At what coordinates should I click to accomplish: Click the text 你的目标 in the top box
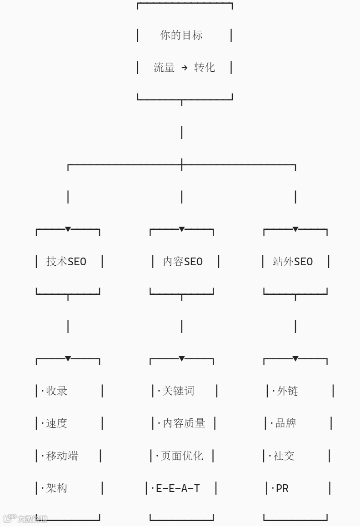(x=181, y=35)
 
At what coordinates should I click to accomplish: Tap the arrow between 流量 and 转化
(x=184, y=68)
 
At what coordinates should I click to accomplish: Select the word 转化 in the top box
(x=205, y=68)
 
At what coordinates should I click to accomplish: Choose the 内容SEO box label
(x=183, y=262)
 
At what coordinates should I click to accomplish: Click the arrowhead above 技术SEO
(x=68, y=229)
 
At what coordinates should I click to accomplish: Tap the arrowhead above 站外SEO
(x=295, y=229)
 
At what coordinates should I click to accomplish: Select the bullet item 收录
(x=57, y=391)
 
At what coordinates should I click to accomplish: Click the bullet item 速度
(x=57, y=423)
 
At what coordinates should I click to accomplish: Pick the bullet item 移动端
(x=62, y=456)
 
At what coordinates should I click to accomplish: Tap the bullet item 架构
(x=57, y=488)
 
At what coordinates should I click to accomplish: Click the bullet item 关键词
(x=178, y=391)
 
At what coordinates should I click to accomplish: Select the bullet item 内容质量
(x=184, y=423)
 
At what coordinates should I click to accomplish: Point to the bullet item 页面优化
(x=182, y=456)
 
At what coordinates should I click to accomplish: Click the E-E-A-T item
(x=178, y=488)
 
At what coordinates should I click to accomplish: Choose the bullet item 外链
(x=287, y=391)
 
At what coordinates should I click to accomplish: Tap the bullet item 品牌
(x=286, y=423)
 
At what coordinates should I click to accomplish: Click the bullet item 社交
(x=284, y=456)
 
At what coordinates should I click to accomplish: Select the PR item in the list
(x=282, y=488)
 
